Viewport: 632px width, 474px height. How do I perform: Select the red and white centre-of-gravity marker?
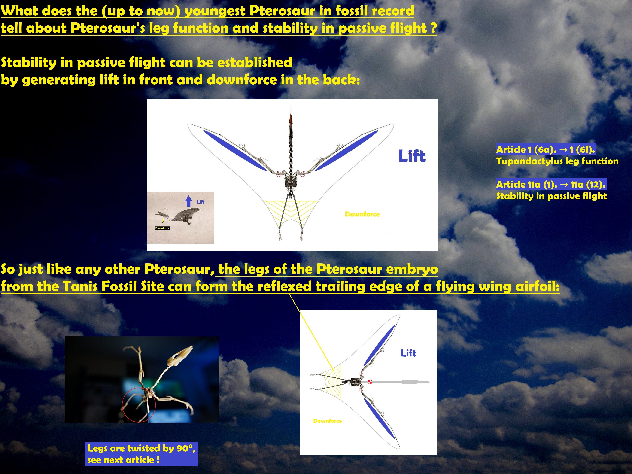370,382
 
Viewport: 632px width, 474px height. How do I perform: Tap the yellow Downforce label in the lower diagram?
327,421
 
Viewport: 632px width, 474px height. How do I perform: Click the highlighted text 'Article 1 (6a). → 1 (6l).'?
546,149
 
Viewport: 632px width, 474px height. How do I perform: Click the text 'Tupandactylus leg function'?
557,161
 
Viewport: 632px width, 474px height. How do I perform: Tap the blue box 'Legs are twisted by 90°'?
141,454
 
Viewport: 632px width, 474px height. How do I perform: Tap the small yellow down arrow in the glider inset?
163,221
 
